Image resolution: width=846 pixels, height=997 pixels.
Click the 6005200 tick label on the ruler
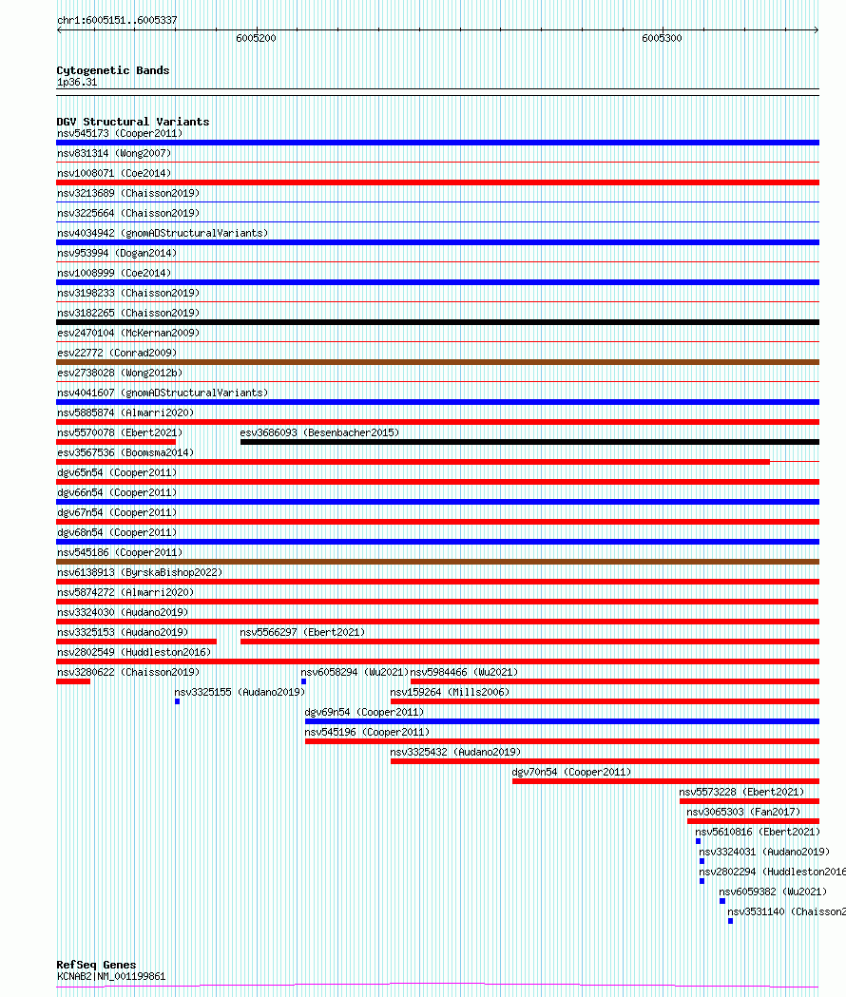coord(257,39)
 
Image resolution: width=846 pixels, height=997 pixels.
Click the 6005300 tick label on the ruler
coord(662,39)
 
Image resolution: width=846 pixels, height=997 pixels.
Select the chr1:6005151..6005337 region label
coord(117,20)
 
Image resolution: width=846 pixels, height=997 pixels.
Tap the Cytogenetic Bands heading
coord(113,70)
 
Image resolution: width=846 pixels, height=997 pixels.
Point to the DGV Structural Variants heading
coord(133,122)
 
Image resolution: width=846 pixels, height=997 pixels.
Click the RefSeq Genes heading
coord(96,965)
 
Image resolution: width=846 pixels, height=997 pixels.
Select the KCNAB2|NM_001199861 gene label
coord(111,976)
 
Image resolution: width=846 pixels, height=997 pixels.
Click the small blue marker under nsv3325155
coord(177,701)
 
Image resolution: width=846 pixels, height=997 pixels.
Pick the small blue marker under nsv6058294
coord(303,681)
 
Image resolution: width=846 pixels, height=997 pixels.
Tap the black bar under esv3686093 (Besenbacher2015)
coord(529,442)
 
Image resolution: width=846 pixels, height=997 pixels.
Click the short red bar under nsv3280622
coord(73,681)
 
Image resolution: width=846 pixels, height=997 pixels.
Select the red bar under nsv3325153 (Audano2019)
coord(136,642)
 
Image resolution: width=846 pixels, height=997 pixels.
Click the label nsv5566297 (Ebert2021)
coord(302,632)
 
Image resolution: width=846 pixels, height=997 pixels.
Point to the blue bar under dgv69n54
coord(562,721)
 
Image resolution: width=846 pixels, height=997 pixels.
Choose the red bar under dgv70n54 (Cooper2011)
coord(665,781)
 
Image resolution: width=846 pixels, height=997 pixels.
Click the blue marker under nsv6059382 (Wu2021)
coord(722,901)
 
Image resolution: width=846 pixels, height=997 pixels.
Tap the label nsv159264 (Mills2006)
coord(450,692)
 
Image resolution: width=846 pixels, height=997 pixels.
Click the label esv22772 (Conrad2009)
coord(117,353)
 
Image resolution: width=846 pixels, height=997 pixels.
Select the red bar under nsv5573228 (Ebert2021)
coord(749,801)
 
